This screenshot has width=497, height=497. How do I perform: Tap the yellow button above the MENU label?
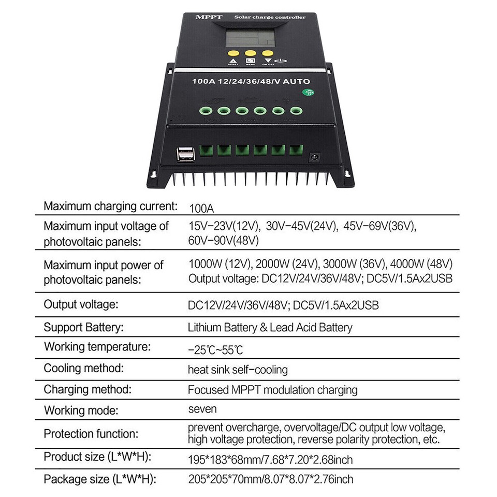pyautogui.click(x=251, y=53)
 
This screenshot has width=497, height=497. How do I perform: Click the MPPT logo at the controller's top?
pyautogui.click(x=208, y=17)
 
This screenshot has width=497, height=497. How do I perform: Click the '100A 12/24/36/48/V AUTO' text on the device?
pyautogui.click(x=251, y=81)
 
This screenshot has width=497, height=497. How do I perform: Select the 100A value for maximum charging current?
pyautogui.click(x=201, y=209)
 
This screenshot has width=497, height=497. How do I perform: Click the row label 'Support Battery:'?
pyautogui.click(x=84, y=327)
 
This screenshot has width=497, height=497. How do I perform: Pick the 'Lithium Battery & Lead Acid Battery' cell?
pyautogui.click(x=270, y=328)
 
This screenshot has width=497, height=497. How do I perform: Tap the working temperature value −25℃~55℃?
pyautogui.click(x=215, y=350)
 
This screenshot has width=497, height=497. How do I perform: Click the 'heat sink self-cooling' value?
pyautogui.click(x=238, y=370)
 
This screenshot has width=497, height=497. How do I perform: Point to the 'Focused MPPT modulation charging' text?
pyautogui.click(x=272, y=390)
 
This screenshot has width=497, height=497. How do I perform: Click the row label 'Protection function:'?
pyautogui.click(x=91, y=434)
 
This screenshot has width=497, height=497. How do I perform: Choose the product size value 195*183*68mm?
pyautogui.click(x=228, y=459)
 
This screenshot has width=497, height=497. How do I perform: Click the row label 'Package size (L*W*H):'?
pyautogui.click(x=98, y=479)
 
